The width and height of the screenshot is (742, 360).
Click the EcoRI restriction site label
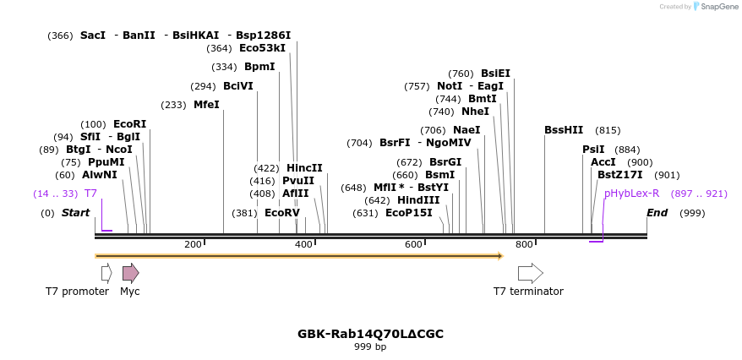coord(129,124)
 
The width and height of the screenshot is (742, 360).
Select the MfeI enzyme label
coord(206,105)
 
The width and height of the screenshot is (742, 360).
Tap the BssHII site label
coord(564,130)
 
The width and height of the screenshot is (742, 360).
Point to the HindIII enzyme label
coord(418,200)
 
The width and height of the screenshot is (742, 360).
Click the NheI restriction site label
coord(475,112)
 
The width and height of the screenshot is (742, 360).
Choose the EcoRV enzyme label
coord(282,213)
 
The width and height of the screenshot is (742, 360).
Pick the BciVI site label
coord(238,86)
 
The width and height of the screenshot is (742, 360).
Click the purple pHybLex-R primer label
coord(631,194)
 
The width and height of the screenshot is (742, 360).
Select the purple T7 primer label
coord(90,194)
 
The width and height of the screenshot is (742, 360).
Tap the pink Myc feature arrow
coord(130,273)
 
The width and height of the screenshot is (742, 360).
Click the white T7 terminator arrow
coord(530,273)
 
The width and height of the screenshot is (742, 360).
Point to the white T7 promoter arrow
coord(106,273)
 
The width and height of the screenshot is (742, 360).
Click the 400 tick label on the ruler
coord(303,245)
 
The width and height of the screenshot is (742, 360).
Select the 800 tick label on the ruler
coord(524,245)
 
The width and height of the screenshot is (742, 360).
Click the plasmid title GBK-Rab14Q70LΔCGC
coord(370,334)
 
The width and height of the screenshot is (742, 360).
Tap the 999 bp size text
coord(370,347)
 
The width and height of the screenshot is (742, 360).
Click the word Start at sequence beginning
coord(75,213)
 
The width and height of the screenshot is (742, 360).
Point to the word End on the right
coord(657,213)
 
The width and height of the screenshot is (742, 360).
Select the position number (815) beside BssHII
coord(608,130)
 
